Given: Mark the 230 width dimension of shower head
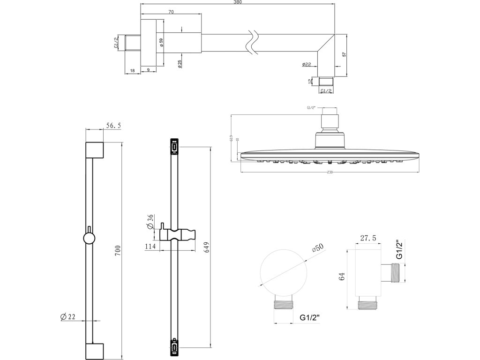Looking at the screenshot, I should pos(330,172).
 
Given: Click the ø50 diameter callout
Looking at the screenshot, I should pos(319,247).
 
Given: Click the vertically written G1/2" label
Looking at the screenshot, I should pos(399,250).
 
